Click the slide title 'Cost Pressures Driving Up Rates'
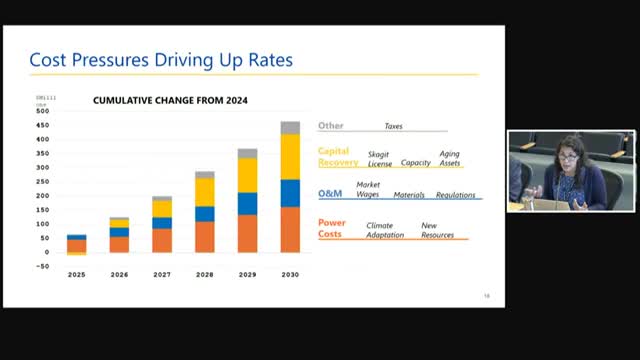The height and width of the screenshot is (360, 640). coord(161,60)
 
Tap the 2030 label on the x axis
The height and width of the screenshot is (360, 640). coord(290,274)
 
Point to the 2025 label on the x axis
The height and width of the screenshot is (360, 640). coord(76,274)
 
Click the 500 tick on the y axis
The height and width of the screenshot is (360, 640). coord(42,111)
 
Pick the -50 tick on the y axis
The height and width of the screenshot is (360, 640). coord(42,266)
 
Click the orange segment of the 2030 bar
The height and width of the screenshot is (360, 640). coord(290,229)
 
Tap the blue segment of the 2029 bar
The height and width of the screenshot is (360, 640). coord(247,203)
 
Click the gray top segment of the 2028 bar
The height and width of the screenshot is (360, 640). coord(204,174)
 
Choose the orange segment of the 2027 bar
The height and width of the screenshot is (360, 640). coord(161,240)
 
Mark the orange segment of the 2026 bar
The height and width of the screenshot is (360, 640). coord(119,244)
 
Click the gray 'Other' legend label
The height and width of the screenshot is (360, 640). coord(331,126)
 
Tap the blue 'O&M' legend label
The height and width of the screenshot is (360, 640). coord(330,193)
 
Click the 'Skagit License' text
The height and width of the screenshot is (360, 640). coord(380,158)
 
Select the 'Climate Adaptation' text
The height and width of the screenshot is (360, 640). coord(386,230)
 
